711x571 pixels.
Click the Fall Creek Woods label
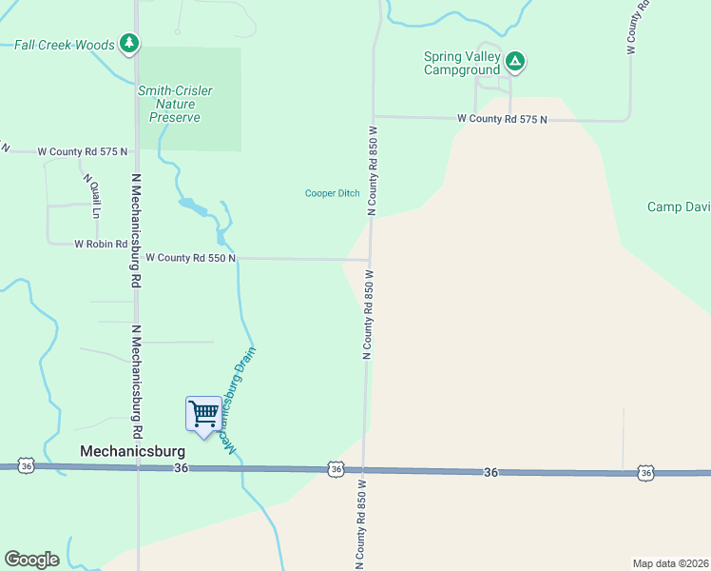[x=65, y=45]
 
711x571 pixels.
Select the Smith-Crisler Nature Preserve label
[x=175, y=104]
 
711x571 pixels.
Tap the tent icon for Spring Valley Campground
[x=514, y=63]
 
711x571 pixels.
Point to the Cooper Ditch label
[x=332, y=193]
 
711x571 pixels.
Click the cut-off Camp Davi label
[x=679, y=207]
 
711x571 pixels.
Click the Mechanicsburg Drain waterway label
[x=239, y=400]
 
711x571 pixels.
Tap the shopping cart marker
[x=203, y=414]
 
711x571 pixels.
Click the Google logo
[x=31, y=560]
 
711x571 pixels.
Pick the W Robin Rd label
[x=101, y=244]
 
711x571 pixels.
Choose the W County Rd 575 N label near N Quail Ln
[x=82, y=151]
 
